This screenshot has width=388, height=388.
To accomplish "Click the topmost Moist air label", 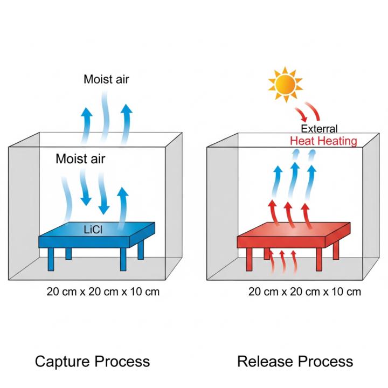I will coord(106,80).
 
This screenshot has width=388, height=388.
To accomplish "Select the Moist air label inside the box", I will coord(80,159).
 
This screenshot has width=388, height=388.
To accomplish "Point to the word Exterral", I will coord(319,129).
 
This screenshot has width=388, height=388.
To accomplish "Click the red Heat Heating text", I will coord(323,141).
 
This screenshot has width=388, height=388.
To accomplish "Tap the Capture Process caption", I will coord(92,361).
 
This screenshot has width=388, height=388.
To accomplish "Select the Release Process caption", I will coord(295,361).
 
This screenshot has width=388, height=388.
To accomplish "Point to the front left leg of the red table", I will coord(250,259).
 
